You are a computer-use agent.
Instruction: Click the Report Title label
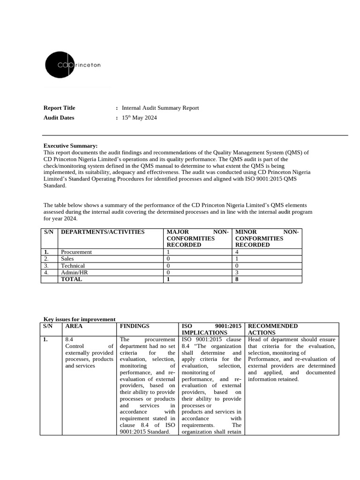click(59, 108)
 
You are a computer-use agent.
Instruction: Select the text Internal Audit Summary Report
click(160, 108)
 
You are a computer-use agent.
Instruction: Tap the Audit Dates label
click(59, 118)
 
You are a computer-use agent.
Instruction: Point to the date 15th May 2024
click(139, 118)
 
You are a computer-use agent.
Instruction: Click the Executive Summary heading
click(70, 146)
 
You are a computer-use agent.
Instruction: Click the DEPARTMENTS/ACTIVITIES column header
click(103, 232)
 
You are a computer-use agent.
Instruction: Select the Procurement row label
click(76, 252)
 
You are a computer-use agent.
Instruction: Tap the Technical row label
click(73, 266)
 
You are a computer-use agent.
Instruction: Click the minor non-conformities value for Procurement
click(237, 252)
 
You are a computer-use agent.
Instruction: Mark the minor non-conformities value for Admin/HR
click(237, 272)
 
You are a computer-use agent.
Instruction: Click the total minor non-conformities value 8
click(237, 279)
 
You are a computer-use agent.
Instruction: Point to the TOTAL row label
click(71, 279)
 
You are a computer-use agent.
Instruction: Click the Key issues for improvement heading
click(79, 319)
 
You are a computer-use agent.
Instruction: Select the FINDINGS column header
click(135, 326)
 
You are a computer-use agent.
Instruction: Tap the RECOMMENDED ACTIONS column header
click(272, 329)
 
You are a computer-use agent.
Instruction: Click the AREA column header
click(74, 326)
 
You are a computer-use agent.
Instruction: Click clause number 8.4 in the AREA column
click(69, 339)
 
